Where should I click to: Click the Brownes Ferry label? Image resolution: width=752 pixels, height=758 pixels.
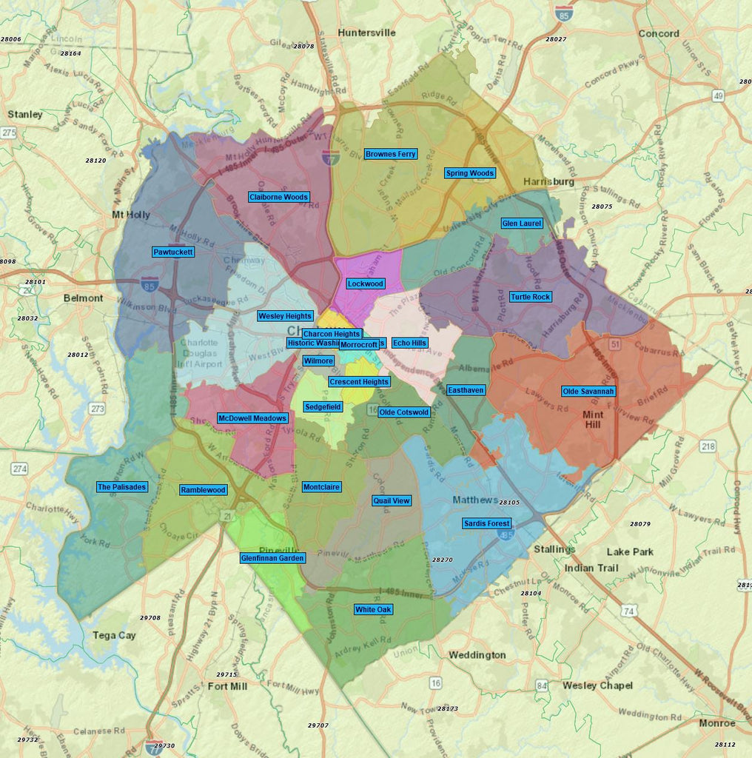click(x=391, y=154)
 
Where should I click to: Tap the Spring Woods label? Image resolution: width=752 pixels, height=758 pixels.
click(x=470, y=173)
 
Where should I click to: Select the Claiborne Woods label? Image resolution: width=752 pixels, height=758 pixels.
click(x=278, y=197)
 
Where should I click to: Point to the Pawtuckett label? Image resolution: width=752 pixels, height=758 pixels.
click(x=173, y=252)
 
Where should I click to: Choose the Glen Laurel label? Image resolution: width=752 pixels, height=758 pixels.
click(x=522, y=223)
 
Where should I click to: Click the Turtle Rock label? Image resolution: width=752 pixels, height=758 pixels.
click(x=531, y=297)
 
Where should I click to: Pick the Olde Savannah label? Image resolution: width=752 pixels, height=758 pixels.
click(x=588, y=391)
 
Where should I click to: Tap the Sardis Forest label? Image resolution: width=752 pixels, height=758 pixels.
click(x=487, y=523)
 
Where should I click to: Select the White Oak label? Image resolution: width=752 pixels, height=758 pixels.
click(x=373, y=609)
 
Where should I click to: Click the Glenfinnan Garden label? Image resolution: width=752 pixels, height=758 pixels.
click(x=272, y=558)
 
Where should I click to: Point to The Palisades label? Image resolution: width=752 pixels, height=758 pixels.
click(x=122, y=487)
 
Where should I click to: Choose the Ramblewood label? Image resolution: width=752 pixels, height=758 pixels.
click(x=203, y=490)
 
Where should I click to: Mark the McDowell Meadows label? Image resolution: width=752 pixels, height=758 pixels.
click(x=252, y=418)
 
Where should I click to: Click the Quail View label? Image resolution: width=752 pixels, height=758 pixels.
click(x=392, y=500)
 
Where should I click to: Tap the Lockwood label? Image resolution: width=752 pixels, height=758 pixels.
click(x=366, y=284)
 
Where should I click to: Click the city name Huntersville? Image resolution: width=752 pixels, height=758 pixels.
click(x=366, y=33)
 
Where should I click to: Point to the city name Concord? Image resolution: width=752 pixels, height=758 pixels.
click(x=659, y=33)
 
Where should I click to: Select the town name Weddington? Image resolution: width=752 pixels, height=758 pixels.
click(x=477, y=655)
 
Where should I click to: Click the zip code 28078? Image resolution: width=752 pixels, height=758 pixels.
click(x=303, y=46)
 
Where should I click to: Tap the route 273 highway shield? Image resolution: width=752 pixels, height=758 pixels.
click(x=97, y=408)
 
